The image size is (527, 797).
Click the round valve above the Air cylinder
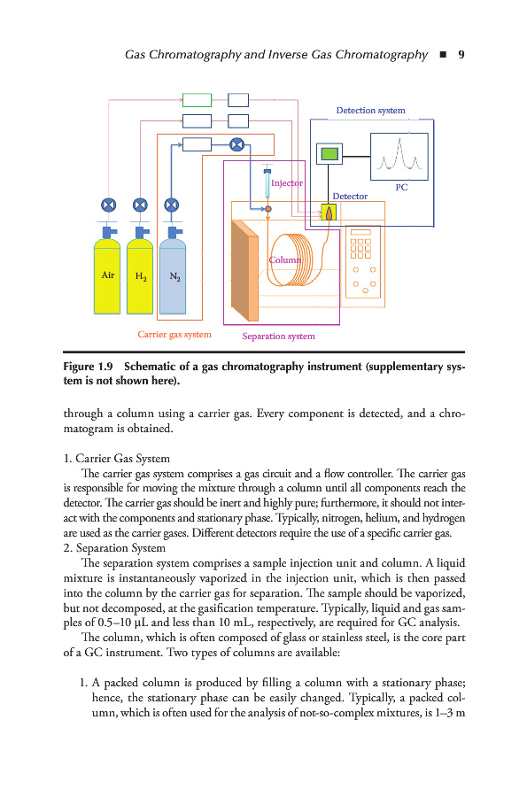tap(108, 205)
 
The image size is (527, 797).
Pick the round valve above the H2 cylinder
tap(140, 205)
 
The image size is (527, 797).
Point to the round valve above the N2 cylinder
tap(172, 205)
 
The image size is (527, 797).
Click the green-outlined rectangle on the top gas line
tap(197, 100)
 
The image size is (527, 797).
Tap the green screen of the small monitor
tap(329, 153)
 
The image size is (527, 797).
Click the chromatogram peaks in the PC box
tap(400, 156)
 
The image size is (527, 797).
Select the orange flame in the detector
tap(329, 213)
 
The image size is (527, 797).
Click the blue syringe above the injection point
tap(267, 183)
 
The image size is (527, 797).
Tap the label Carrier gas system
tap(174, 335)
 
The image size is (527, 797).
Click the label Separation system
tap(278, 336)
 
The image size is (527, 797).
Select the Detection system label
tap(370, 111)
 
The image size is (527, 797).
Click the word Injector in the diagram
tap(287, 183)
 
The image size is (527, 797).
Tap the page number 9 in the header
tap(461, 54)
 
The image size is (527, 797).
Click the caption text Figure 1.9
tap(88, 367)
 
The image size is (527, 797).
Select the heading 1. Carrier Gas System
tap(116, 459)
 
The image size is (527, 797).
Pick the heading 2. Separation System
tap(114, 548)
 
